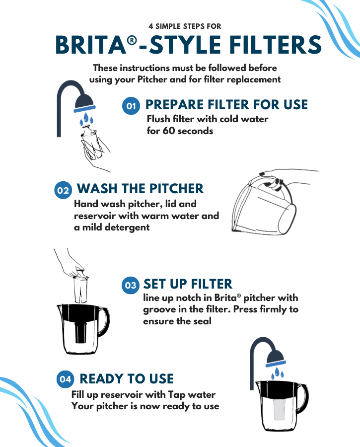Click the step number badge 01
[131, 106]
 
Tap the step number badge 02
[63, 190]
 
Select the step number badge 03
[131, 285]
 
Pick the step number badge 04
[65, 379]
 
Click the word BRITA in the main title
[91, 45]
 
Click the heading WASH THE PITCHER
[140, 189]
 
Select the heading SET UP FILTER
[188, 284]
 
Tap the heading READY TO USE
[127, 378]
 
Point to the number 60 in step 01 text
[168, 131]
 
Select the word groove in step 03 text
[159, 310]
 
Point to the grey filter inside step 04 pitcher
[280, 409]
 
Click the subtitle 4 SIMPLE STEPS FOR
[185, 26]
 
